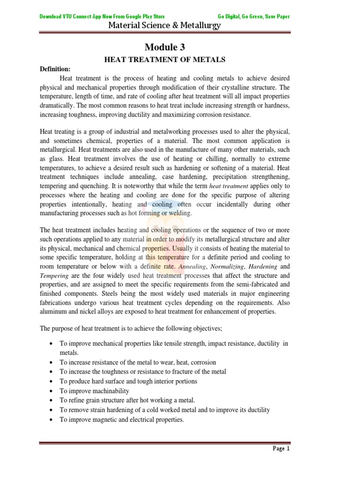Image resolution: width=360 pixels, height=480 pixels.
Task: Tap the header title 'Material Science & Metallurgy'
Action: [x=164, y=26]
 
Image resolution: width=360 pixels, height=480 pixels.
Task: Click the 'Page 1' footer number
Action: [x=281, y=449]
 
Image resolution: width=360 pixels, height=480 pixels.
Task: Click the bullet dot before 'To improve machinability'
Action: [x=50, y=391]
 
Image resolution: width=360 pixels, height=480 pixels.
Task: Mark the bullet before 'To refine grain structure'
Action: [x=50, y=400]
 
